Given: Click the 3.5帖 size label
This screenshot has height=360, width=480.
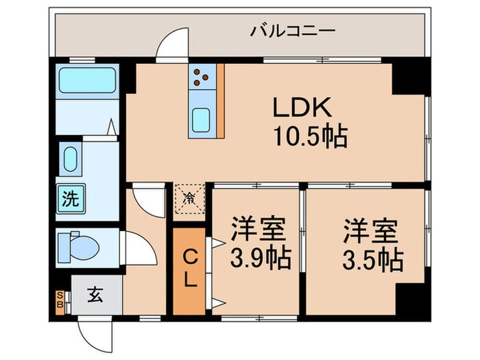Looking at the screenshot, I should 371,259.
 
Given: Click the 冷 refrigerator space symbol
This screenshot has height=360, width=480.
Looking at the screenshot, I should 188,200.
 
